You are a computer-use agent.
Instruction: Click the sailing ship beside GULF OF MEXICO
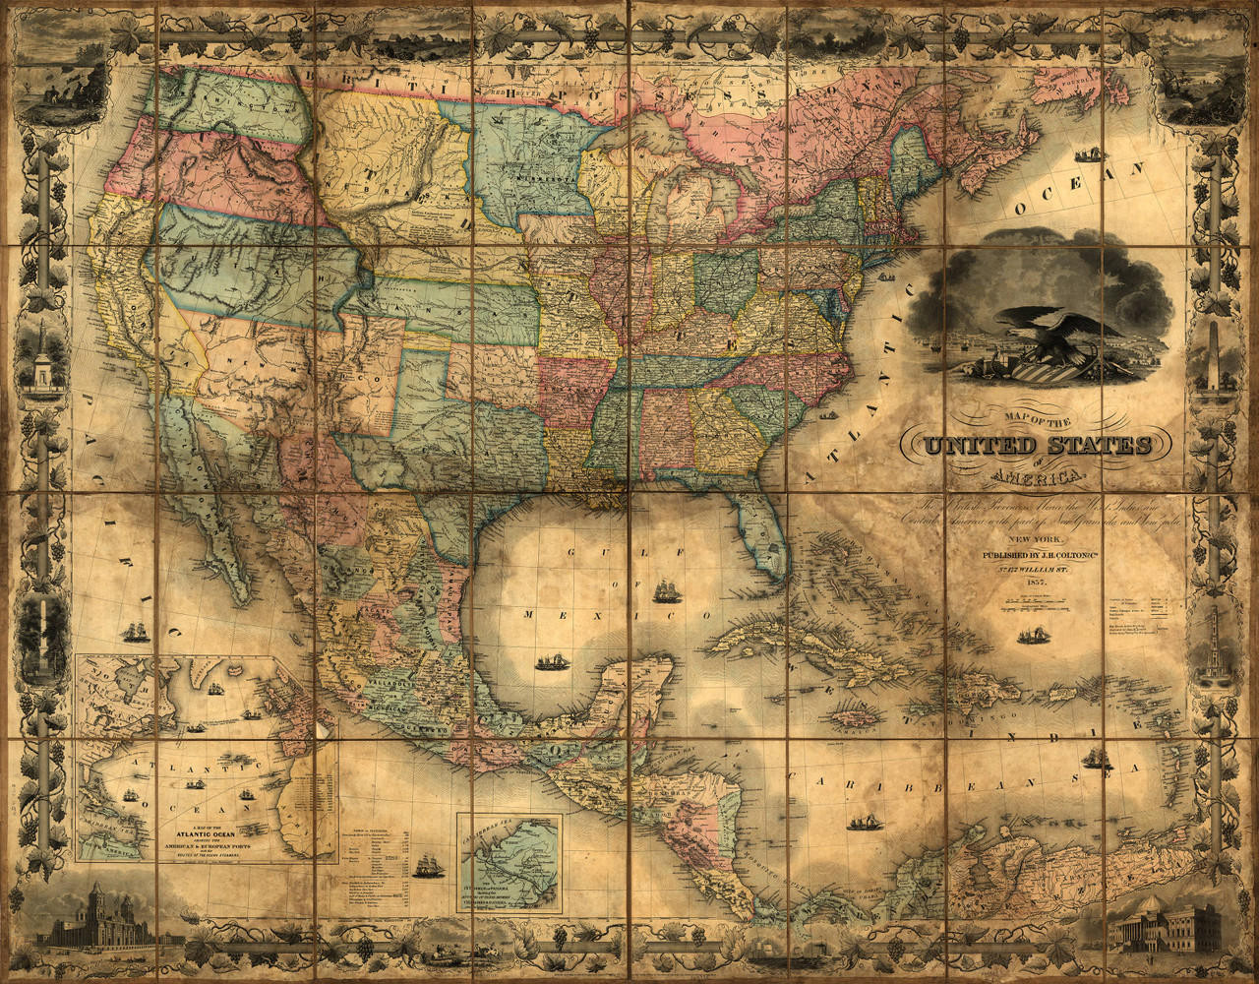667,591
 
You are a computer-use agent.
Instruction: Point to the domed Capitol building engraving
1162,925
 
